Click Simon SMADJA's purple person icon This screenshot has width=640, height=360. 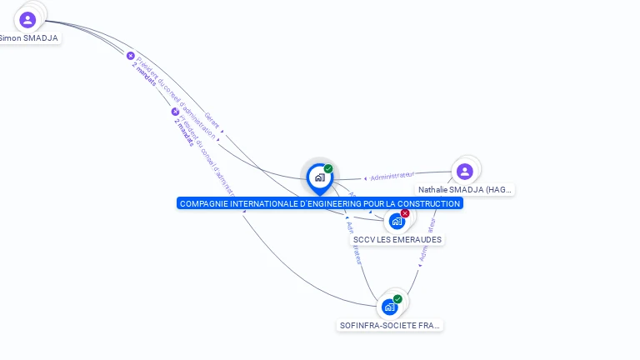(x=27, y=19)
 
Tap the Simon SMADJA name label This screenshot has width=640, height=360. (x=30, y=38)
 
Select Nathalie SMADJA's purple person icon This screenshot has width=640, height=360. (x=464, y=172)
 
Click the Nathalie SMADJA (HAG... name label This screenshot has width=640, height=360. (x=465, y=190)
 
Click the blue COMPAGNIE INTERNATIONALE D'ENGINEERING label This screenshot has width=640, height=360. (x=319, y=203)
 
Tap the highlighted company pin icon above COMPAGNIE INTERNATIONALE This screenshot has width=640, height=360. (x=319, y=177)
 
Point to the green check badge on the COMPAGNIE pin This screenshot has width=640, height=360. (x=328, y=169)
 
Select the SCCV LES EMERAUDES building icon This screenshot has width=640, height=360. (x=397, y=222)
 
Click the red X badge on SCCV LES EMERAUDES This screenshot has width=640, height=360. (x=405, y=213)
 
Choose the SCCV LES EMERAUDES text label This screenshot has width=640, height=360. (x=397, y=240)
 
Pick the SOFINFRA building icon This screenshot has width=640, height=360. (x=389, y=307)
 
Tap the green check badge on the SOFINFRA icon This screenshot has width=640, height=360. (x=397, y=299)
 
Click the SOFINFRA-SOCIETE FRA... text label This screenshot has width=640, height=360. (x=390, y=325)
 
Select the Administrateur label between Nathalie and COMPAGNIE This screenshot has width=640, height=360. (x=392, y=176)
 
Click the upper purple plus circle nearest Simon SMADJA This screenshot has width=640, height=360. (x=130, y=56)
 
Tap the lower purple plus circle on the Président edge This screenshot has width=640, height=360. (x=175, y=111)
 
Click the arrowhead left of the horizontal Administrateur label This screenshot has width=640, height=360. (x=365, y=178)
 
